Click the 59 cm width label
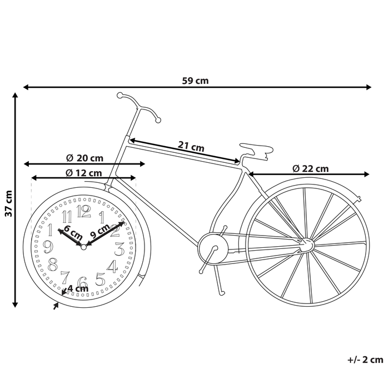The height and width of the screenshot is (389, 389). point(195,81)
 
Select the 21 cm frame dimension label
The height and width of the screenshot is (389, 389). point(191,147)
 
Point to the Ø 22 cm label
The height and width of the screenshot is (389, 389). point(310,168)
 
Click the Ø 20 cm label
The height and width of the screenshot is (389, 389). point(84,158)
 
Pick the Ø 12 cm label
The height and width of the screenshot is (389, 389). point(83,172)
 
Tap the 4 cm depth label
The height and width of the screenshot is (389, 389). point(77,288)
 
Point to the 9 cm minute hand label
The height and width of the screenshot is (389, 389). point(99,228)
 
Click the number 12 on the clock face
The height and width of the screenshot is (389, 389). point(83,211)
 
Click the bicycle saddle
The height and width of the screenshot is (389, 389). point(257,148)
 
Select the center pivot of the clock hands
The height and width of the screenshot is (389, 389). point(83,247)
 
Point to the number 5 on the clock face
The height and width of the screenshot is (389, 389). point(101,278)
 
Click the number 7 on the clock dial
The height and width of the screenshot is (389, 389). point(65,277)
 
